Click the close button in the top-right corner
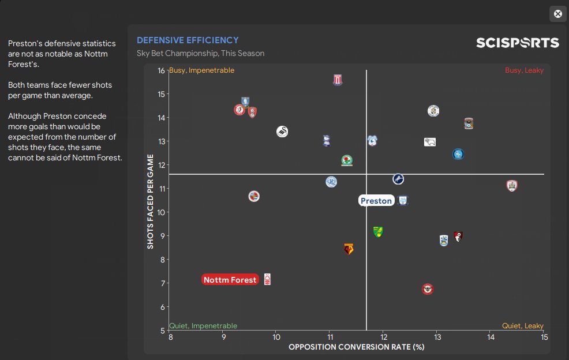coord(557,14)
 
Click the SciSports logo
coord(517,43)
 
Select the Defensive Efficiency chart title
coord(188,40)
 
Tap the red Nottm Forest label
coord(230,280)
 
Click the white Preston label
coord(376,201)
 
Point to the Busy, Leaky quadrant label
coord(524,70)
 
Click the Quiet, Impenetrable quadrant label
coord(203,326)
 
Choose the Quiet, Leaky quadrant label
coord(523,326)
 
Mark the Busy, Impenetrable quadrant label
coord(202,70)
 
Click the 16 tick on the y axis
coord(161,70)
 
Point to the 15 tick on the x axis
coord(544,337)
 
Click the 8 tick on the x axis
coord(170,337)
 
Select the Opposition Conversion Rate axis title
coord(356,347)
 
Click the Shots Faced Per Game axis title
coord(151,201)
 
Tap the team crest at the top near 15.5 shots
coord(338,80)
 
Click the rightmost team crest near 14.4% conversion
coord(512,186)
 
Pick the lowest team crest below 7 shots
coord(428,288)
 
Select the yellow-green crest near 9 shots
coord(378,232)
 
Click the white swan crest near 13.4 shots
coord(282,132)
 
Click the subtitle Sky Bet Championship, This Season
coord(200,54)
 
